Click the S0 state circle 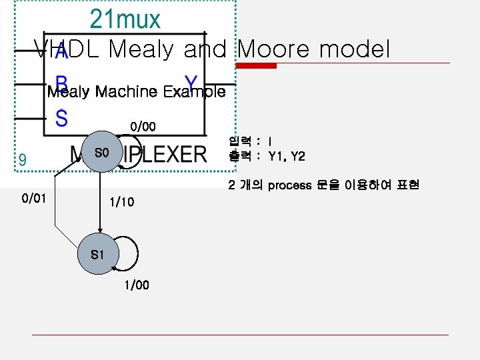click(x=101, y=154)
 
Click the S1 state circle click(x=97, y=255)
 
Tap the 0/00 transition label click(x=143, y=126)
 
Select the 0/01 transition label click(x=33, y=198)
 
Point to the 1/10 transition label click(x=121, y=201)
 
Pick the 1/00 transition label click(x=137, y=285)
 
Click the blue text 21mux click(x=125, y=19)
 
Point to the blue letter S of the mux click(x=61, y=120)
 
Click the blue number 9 click(x=23, y=160)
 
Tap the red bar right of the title click(x=259, y=66)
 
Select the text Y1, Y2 click(x=287, y=157)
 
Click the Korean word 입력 click(x=239, y=141)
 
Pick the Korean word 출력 click(x=239, y=157)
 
